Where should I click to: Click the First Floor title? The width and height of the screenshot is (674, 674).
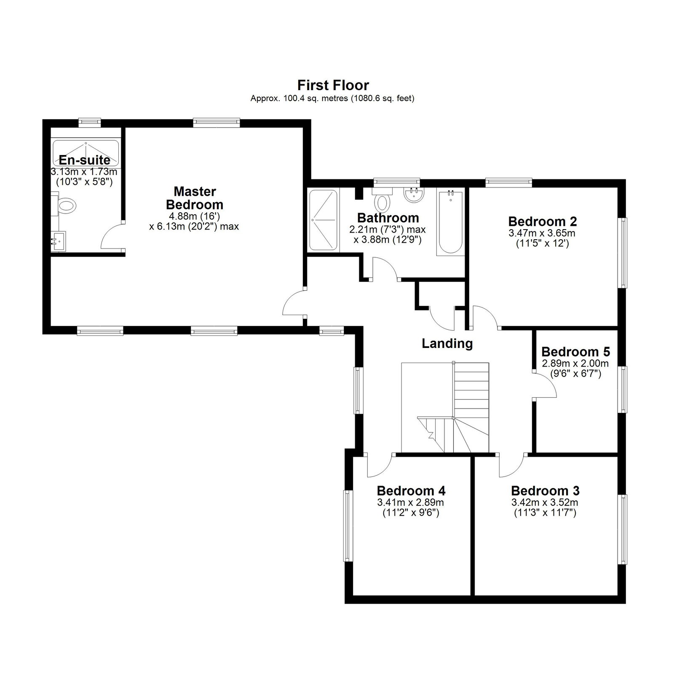coord(333,85)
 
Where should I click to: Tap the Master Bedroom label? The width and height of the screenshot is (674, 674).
coord(194,198)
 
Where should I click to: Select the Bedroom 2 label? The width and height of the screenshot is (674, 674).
coord(543,221)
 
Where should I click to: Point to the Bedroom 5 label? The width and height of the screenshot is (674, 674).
coord(575,351)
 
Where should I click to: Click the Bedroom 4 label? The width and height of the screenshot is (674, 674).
coord(411,491)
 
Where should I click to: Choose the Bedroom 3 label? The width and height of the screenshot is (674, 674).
coord(545,491)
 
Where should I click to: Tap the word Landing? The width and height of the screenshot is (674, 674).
coord(447,344)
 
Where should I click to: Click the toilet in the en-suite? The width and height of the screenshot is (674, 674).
coord(64,206)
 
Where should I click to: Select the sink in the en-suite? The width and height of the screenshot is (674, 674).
coord(58,241)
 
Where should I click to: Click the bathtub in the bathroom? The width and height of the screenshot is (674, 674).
coord(450,222)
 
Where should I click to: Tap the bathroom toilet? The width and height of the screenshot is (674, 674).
coord(382,199)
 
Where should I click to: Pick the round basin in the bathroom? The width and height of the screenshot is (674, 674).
coord(414,195)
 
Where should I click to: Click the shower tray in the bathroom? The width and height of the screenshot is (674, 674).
coord(324,220)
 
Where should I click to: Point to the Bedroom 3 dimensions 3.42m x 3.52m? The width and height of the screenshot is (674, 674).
coord(545,502)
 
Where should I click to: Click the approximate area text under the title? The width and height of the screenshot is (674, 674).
coord(333,99)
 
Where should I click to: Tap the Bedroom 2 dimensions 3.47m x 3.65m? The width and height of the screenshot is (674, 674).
coord(542,233)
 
